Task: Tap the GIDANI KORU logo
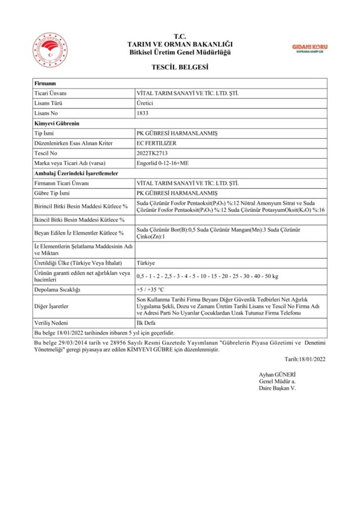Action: click(x=310, y=48)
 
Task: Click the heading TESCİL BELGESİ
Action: click(x=180, y=67)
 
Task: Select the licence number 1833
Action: click(x=142, y=113)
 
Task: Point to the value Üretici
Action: click(x=145, y=103)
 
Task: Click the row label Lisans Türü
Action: click(x=48, y=103)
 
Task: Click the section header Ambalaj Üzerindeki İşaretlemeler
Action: click(x=76, y=173)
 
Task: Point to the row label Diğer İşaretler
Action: click(x=52, y=306)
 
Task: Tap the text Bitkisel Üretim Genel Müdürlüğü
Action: click(x=180, y=52)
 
